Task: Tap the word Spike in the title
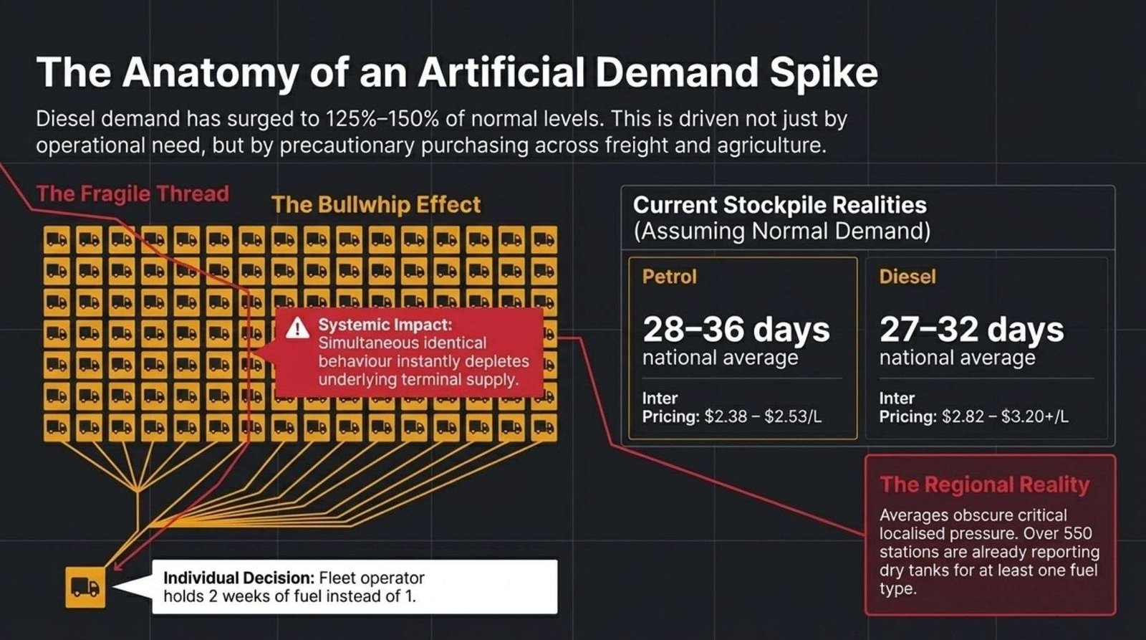(824, 73)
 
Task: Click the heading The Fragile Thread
(133, 194)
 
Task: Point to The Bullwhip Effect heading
(376, 205)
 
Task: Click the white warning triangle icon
(297, 328)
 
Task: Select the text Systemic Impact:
(385, 325)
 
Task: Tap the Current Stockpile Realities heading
(780, 205)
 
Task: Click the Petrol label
(670, 277)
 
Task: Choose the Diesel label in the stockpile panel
(907, 277)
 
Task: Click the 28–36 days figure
(736, 329)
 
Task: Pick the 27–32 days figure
(971, 329)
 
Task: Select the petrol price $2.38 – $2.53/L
(763, 417)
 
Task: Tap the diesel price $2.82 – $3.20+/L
(1006, 417)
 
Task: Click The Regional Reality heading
(984, 484)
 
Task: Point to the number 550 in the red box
(1077, 533)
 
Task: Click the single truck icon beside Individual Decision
(85, 587)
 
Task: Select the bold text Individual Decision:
(239, 578)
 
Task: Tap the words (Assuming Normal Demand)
(781, 231)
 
